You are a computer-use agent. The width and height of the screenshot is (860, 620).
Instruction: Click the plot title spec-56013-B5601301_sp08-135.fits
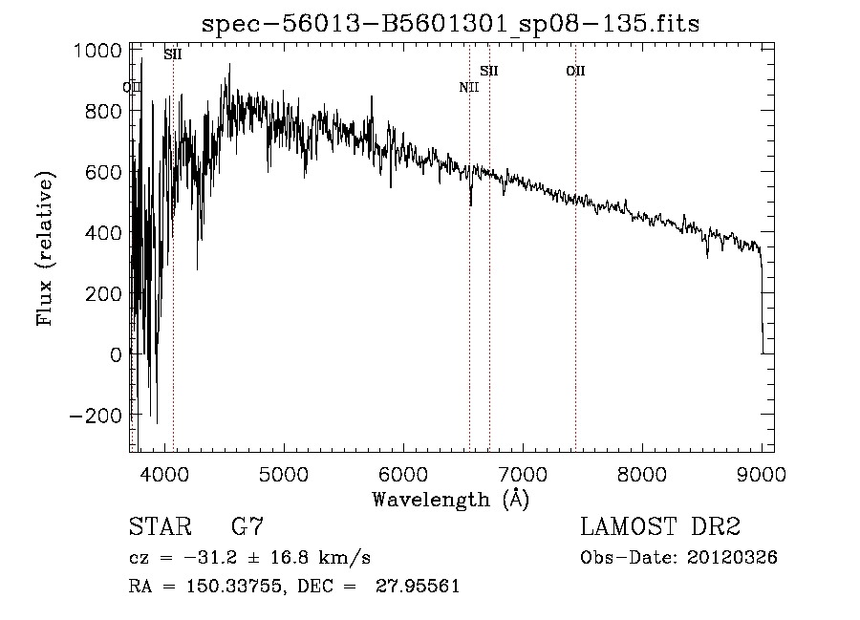pos(450,25)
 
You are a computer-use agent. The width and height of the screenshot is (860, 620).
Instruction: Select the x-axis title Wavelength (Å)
pos(450,499)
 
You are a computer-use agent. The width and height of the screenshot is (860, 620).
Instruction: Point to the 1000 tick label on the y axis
pos(97,51)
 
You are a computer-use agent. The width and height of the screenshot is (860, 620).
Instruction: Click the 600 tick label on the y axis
pos(103,172)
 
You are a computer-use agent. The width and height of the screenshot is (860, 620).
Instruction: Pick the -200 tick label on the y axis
pos(97,416)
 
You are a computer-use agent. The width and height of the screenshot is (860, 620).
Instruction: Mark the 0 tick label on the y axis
pos(116,355)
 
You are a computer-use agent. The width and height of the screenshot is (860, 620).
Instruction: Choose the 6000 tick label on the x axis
pos(402,473)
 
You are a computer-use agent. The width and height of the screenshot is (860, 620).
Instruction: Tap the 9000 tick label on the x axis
pos(762,473)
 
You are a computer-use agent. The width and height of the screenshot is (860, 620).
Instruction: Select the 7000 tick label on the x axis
pos(522,473)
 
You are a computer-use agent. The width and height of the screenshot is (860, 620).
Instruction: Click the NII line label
pos(468,88)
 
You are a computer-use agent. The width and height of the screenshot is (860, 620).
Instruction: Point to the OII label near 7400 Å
pos(575,71)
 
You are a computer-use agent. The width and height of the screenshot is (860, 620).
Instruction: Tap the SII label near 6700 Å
pos(489,71)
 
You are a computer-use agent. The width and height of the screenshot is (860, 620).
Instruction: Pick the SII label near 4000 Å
pos(173,54)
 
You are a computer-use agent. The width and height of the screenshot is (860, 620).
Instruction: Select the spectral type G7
pos(247,527)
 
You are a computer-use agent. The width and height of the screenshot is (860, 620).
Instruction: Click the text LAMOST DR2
pos(660,527)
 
